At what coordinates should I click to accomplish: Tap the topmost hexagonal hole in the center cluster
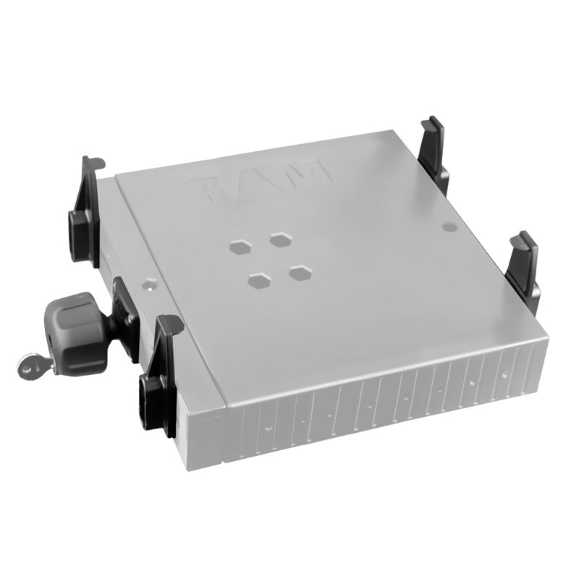tap(279, 237)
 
